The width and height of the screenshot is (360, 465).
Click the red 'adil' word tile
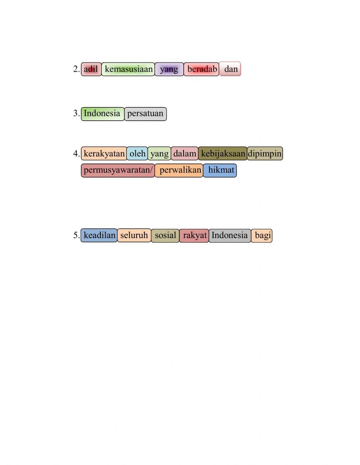(x=91, y=69)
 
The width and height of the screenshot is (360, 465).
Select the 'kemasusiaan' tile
(x=128, y=69)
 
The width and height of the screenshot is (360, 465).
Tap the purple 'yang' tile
(x=169, y=69)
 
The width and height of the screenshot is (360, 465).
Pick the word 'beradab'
(x=201, y=69)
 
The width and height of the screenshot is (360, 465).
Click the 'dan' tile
(x=230, y=69)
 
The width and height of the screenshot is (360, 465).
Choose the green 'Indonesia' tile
(x=103, y=114)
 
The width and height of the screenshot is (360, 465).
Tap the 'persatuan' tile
(x=145, y=114)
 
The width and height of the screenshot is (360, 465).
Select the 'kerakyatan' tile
(x=104, y=154)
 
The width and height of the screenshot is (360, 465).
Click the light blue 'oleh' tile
(x=137, y=154)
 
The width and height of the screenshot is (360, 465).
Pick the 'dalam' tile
(x=185, y=154)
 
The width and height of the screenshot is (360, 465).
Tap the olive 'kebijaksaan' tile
(x=223, y=154)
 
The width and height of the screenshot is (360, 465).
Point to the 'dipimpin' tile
(x=265, y=154)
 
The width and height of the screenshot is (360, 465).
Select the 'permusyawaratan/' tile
(x=118, y=170)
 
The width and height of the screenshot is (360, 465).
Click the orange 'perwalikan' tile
(x=179, y=170)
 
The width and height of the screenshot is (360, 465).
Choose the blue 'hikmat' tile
(x=220, y=170)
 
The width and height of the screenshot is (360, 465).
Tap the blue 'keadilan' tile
(x=99, y=236)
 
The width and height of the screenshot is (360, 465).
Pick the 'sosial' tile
(x=165, y=236)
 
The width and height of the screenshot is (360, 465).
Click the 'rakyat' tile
(x=194, y=236)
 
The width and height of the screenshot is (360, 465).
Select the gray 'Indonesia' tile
(x=230, y=236)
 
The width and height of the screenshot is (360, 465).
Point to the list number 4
(x=76, y=154)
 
